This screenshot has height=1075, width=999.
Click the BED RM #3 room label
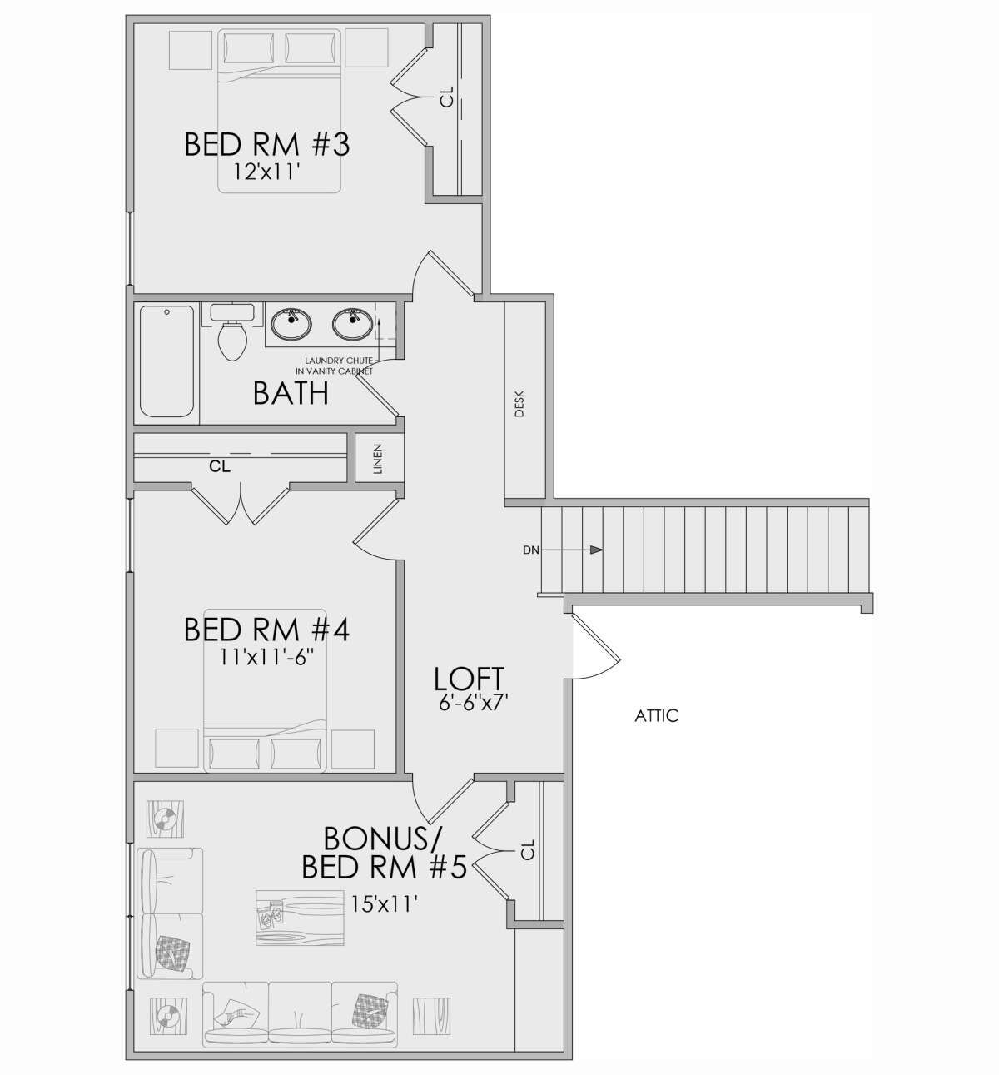click(x=266, y=145)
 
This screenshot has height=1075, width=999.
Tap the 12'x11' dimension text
click(x=266, y=172)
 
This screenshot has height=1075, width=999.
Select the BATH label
click(x=291, y=394)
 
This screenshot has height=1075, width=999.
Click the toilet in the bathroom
click(x=232, y=331)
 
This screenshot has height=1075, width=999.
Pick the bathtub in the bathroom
click(x=166, y=361)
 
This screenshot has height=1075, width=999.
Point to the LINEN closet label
click(x=378, y=459)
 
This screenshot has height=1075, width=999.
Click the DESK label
click(x=519, y=404)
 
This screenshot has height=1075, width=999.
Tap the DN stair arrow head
click(x=596, y=550)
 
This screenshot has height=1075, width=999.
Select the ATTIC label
click(x=657, y=715)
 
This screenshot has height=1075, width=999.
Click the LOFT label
click(x=469, y=679)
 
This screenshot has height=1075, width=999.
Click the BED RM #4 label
click(x=266, y=630)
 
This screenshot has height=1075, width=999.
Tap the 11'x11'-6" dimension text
click(x=266, y=658)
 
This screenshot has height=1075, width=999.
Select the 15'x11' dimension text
click(x=385, y=903)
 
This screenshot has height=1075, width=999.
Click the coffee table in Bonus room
click(x=300, y=918)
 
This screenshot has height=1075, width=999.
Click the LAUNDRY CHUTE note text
click(x=334, y=366)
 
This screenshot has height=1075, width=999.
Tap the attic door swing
click(x=596, y=647)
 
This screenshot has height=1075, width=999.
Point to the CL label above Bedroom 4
click(x=220, y=466)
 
